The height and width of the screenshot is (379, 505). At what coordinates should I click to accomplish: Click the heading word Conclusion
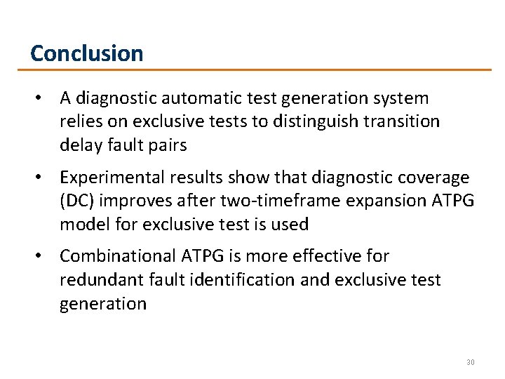click(87, 53)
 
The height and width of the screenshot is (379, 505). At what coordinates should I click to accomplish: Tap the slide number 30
click(470, 362)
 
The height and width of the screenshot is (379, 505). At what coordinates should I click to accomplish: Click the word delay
click(79, 145)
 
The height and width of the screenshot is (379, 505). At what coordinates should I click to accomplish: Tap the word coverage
click(436, 178)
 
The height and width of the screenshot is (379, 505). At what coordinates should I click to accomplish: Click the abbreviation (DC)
click(79, 201)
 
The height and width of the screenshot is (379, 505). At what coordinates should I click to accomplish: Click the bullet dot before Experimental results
click(43, 178)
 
